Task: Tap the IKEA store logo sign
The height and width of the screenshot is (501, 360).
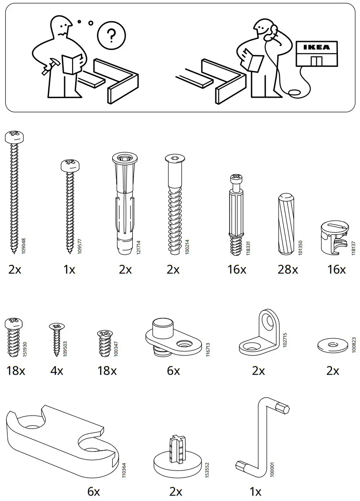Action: pyautogui.click(x=316, y=47)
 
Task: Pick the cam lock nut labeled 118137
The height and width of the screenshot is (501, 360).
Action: pyautogui.click(x=335, y=239)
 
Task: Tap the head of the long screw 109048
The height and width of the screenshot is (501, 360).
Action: pyautogui.click(x=14, y=137)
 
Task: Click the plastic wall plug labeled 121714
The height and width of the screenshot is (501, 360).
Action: pyautogui.click(x=125, y=203)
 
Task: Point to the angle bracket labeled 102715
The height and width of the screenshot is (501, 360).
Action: pyautogui.click(x=259, y=336)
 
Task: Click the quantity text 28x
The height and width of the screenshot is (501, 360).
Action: pyautogui.click(x=287, y=269)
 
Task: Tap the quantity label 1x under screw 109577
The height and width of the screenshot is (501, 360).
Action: pyautogui.click(x=69, y=269)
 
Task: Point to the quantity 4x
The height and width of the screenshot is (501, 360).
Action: pyautogui.click(x=57, y=371)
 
